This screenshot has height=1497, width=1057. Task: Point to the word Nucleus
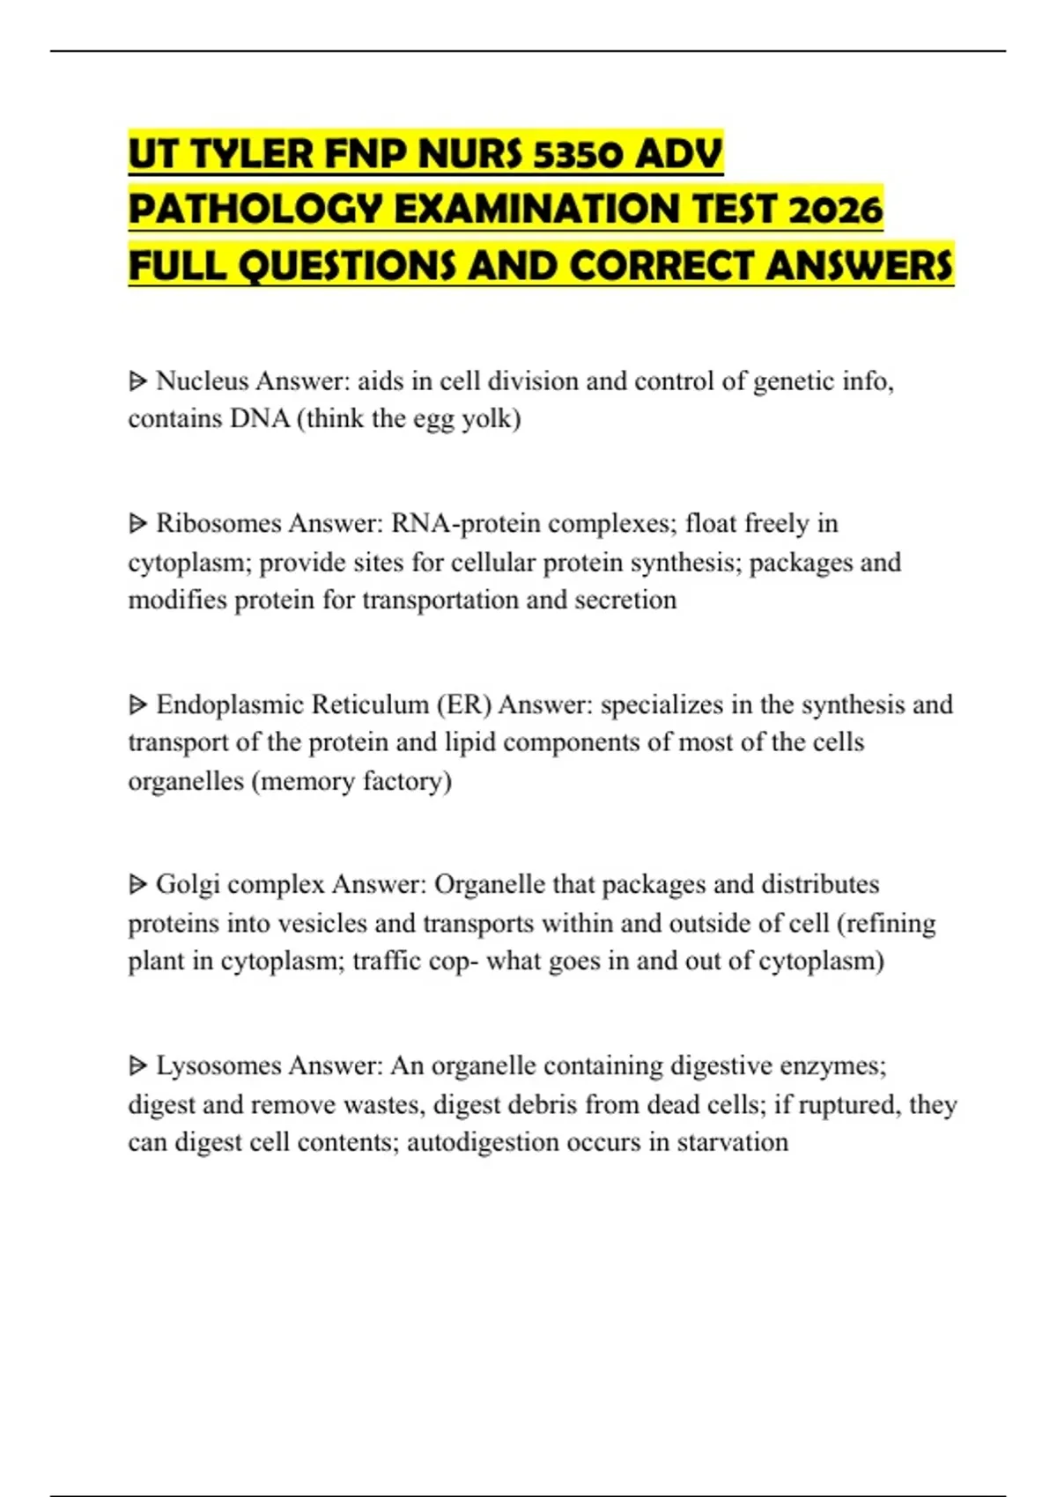[x=202, y=381]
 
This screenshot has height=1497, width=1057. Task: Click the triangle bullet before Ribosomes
[x=137, y=524]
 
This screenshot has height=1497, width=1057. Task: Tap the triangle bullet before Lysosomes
[x=137, y=1066]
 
